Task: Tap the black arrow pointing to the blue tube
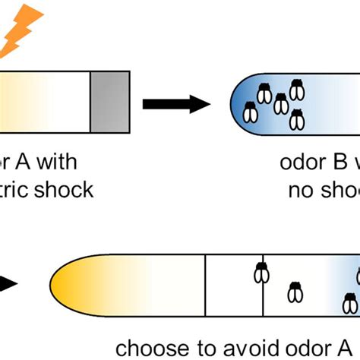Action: tap(175, 103)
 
